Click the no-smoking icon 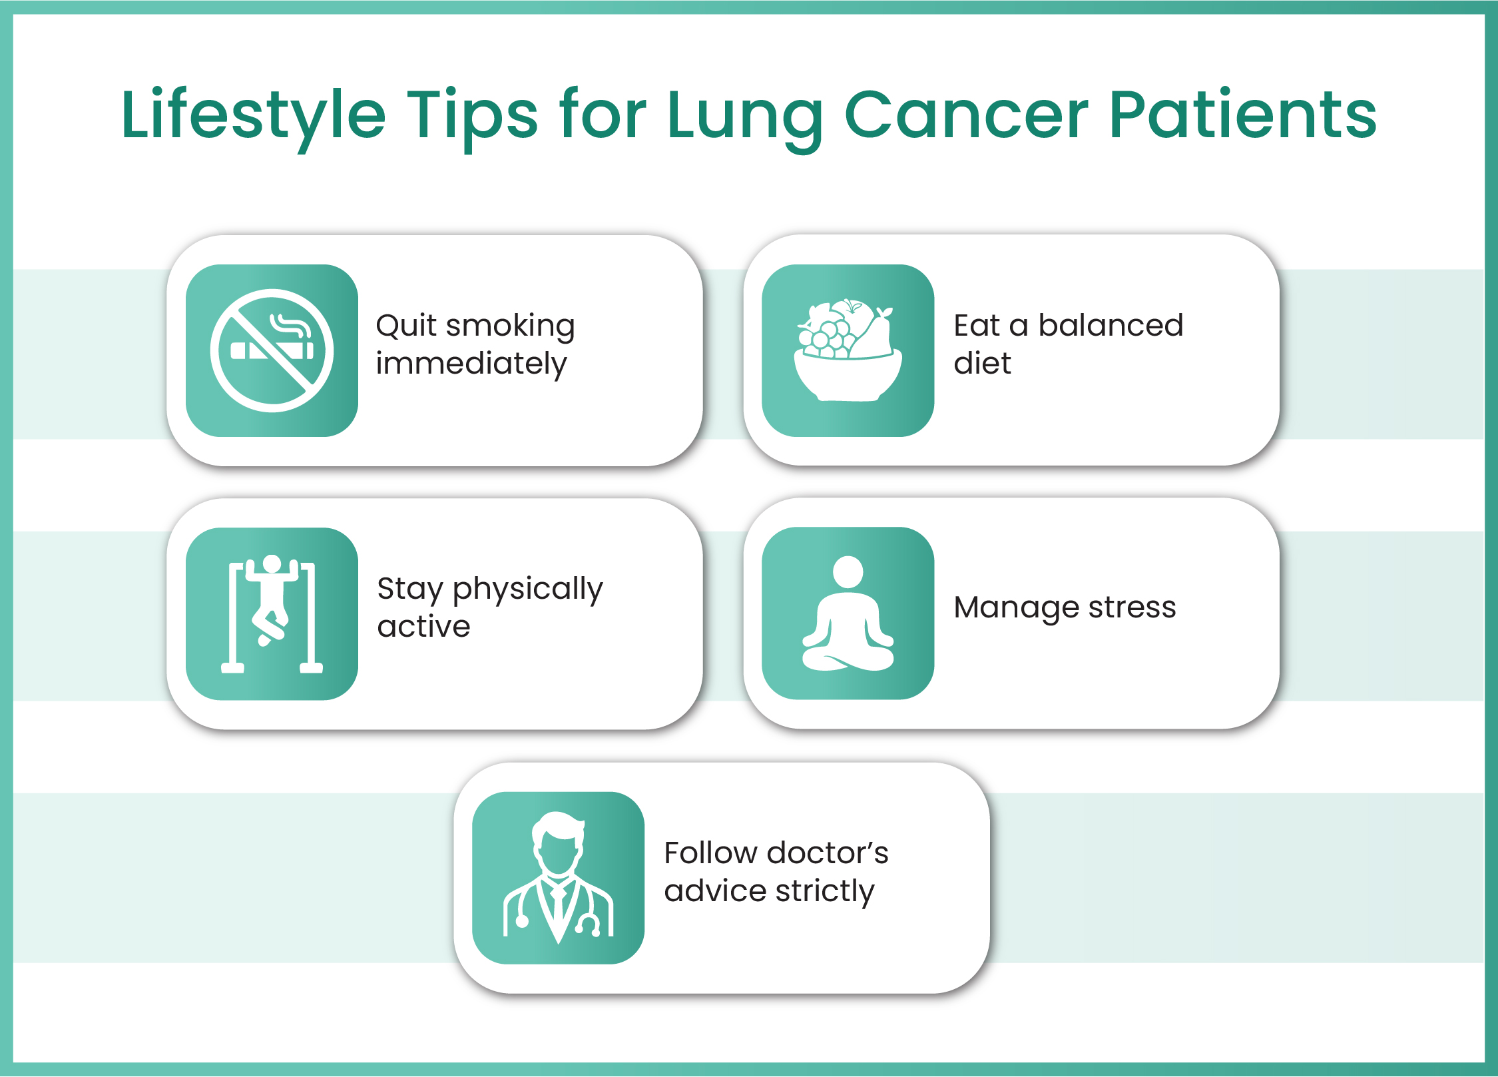(x=272, y=351)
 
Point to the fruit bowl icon (x=848, y=351)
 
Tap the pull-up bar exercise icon (x=272, y=613)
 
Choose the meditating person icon (x=848, y=613)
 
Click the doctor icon (x=558, y=877)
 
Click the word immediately (x=471, y=364)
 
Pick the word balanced (x=1111, y=326)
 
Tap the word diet (x=982, y=364)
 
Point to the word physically (x=527, y=589)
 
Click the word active (x=423, y=627)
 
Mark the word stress (x=1132, y=608)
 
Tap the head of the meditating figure (x=848, y=572)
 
